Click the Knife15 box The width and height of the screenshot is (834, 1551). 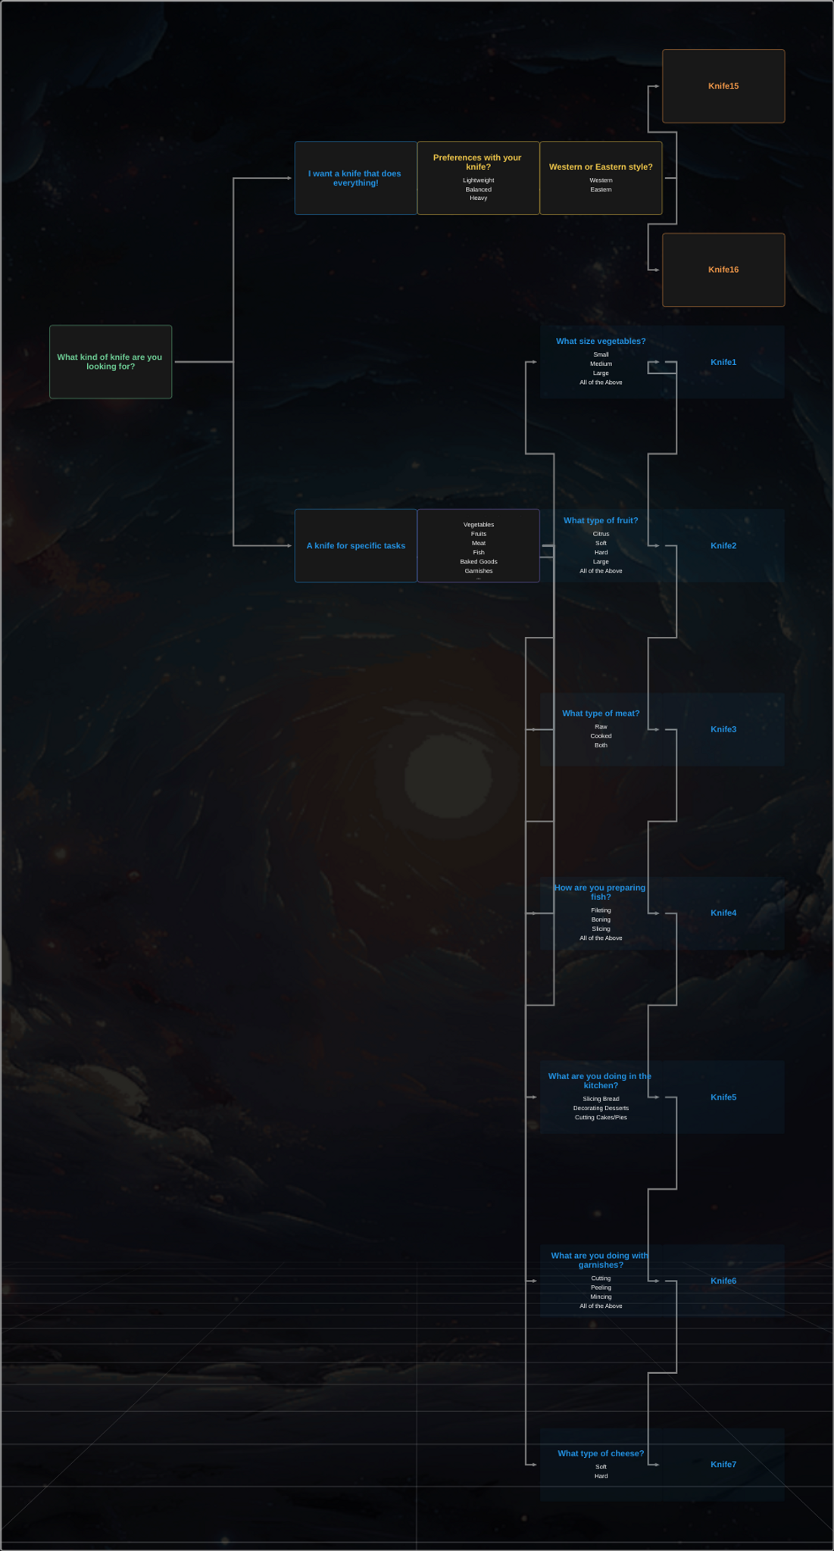(x=723, y=86)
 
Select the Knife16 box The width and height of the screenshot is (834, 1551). (x=723, y=270)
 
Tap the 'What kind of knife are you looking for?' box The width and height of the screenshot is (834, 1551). (x=111, y=362)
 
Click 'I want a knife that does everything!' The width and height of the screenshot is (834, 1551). (x=355, y=178)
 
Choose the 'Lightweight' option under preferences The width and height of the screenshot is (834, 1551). (x=478, y=180)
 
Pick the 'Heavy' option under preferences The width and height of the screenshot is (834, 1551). (x=478, y=198)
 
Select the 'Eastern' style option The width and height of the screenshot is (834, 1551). (x=601, y=189)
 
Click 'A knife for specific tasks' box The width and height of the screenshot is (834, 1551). (x=355, y=545)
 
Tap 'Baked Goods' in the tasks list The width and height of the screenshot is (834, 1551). (x=478, y=562)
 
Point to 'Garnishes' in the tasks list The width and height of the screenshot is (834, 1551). (x=478, y=571)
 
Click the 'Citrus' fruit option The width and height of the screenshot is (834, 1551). (x=601, y=534)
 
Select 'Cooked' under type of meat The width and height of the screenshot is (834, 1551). (x=601, y=736)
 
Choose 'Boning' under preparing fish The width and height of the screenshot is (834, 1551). (x=601, y=919)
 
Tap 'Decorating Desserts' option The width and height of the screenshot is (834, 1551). (x=601, y=1108)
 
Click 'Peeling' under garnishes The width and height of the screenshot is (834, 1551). (x=601, y=1287)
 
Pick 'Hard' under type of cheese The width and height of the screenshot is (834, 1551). (x=601, y=1476)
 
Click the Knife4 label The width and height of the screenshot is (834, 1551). (x=723, y=913)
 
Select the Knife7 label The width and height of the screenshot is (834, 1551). (x=723, y=1464)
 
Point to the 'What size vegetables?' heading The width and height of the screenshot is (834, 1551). (x=601, y=342)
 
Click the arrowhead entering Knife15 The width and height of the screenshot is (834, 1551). (x=657, y=86)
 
